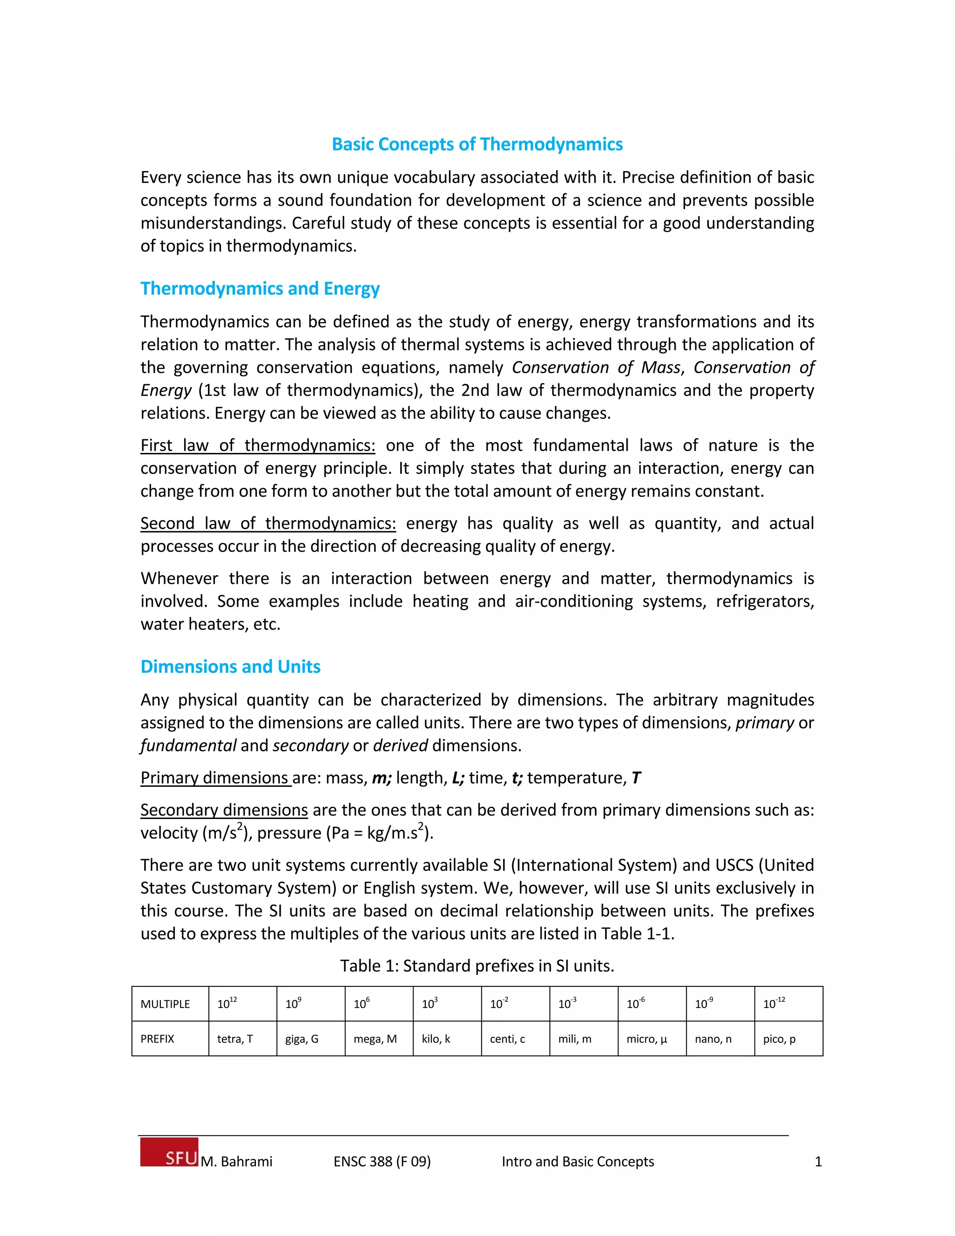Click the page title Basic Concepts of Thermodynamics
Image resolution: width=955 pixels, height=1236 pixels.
(x=477, y=144)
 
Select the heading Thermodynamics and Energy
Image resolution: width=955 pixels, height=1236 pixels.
(x=260, y=289)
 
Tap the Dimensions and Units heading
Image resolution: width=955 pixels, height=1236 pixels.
(x=230, y=667)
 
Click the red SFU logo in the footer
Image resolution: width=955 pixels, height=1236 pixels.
(x=170, y=1152)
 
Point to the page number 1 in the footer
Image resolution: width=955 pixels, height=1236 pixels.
(x=817, y=1162)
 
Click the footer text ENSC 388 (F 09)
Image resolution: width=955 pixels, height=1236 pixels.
(x=382, y=1162)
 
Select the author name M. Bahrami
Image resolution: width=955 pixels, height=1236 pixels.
(x=236, y=1162)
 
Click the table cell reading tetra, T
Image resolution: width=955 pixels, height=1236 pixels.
(x=235, y=1039)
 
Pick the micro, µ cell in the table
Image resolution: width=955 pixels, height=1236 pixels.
(x=647, y=1039)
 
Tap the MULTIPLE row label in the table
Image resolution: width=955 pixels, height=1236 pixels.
(x=165, y=1005)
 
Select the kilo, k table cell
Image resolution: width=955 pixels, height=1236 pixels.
(x=436, y=1039)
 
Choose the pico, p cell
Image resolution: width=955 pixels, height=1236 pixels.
(x=779, y=1039)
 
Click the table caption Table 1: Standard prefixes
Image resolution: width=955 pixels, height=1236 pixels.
(x=477, y=966)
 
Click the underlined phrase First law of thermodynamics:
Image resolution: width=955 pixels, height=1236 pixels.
(x=257, y=446)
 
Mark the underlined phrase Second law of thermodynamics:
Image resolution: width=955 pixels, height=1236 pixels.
(x=268, y=523)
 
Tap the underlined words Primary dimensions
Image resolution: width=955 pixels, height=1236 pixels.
(x=215, y=778)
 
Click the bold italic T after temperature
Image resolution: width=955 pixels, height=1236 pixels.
(x=636, y=778)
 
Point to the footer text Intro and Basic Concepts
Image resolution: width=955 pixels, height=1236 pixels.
(x=578, y=1162)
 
